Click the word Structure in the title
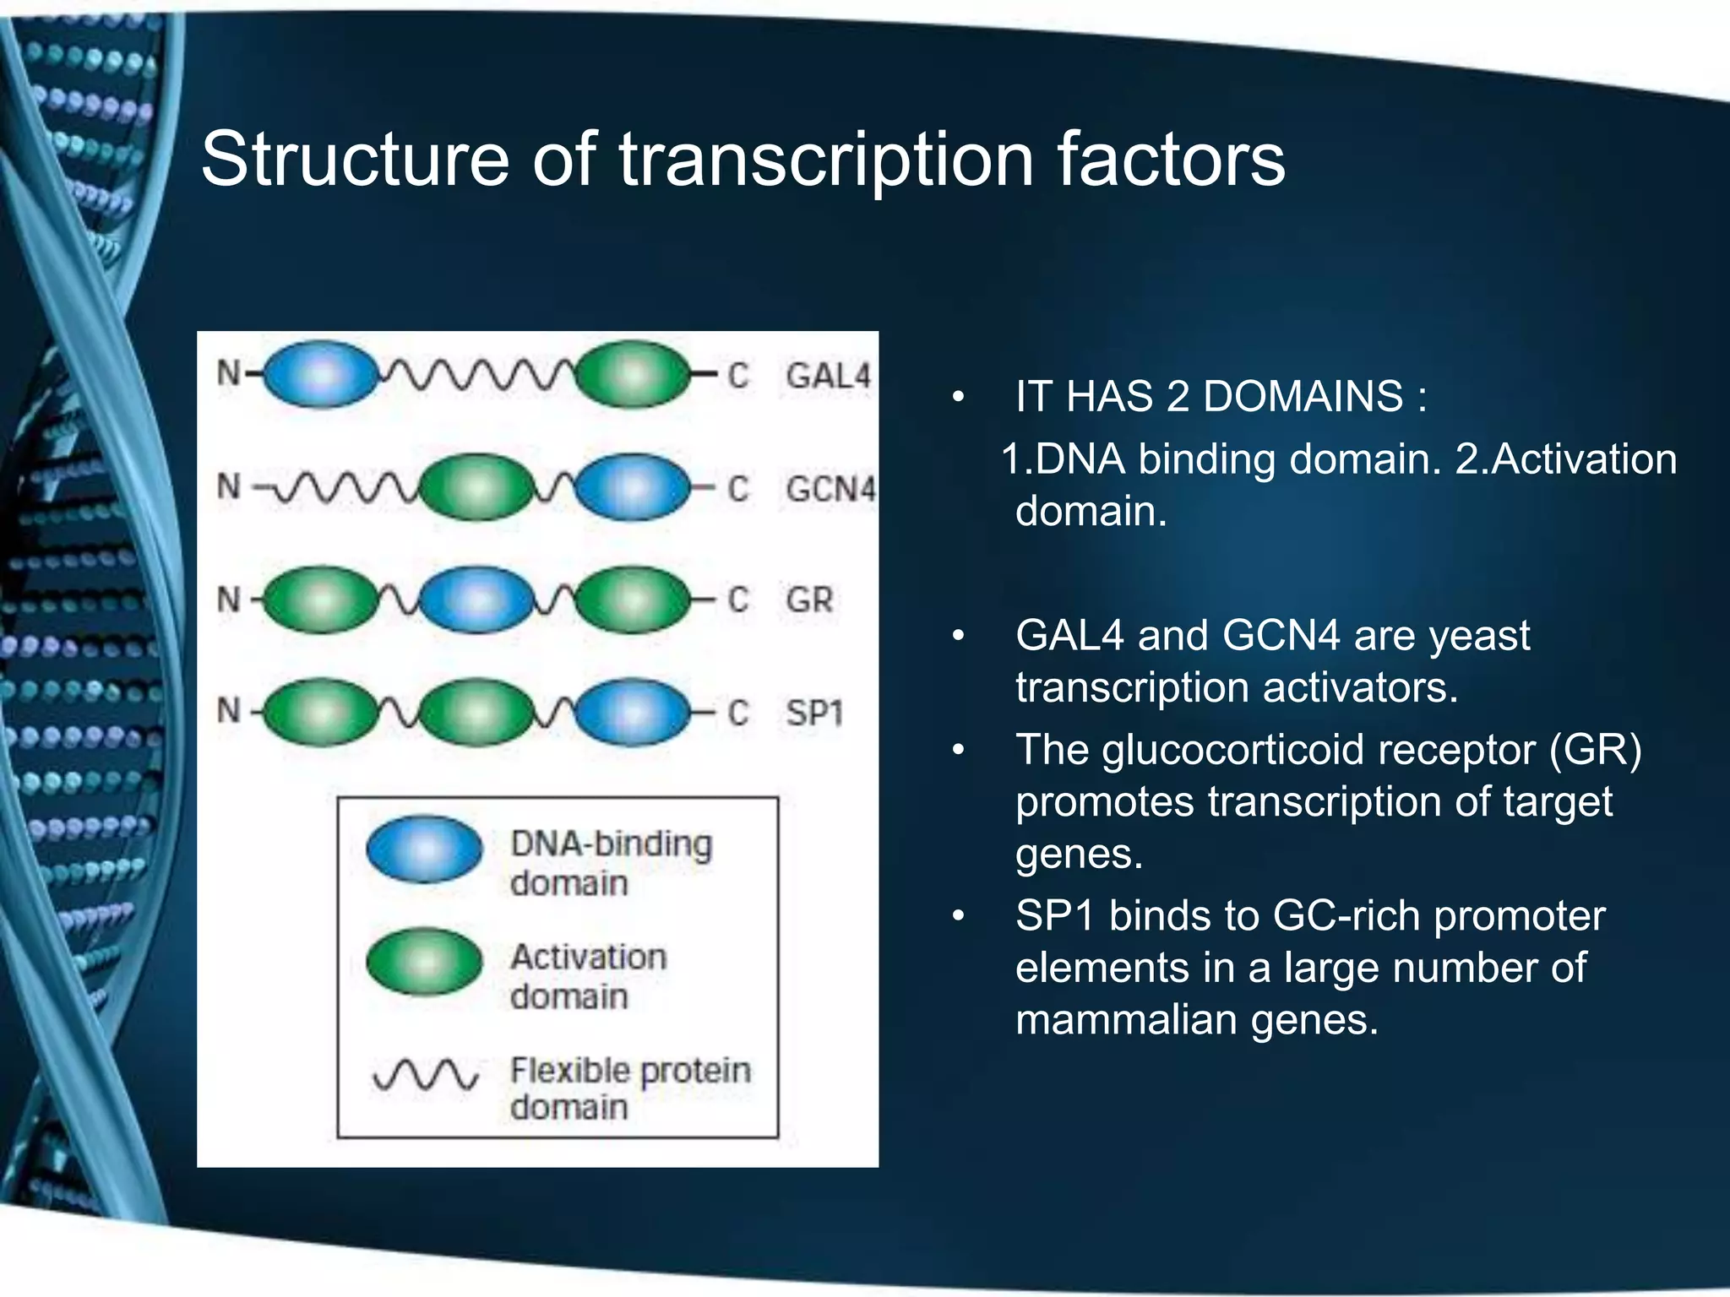click(x=355, y=160)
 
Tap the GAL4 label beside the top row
click(x=828, y=376)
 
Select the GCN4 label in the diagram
click(x=830, y=489)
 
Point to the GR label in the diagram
click(x=809, y=600)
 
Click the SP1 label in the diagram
click(x=814, y=714)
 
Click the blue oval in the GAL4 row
click(x=321, y=374)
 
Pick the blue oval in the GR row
click(x=477, y=600)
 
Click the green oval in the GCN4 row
click(x=477, y=487)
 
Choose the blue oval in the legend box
click(x=424, y=849)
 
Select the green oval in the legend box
click(x=424, y=962)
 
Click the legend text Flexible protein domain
click(x=629, y=1088)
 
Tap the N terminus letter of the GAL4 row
click(x=229, y=373)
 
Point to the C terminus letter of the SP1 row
click(x=738, y=714)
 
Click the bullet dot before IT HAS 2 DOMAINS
click(x=957, y=397)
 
